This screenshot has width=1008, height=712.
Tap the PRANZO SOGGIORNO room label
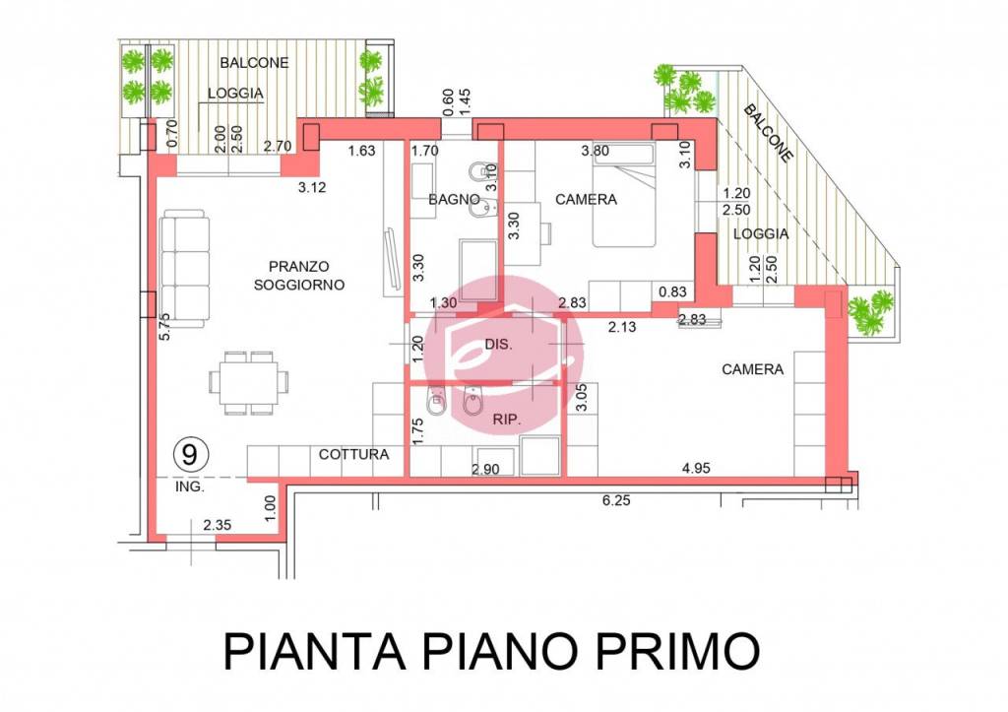click(298, 275)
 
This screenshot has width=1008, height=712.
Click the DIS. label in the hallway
click(499, 344)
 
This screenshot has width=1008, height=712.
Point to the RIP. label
click(505, 419)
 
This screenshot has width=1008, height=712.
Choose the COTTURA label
click(353, 455)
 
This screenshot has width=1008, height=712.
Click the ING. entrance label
click(188, 486)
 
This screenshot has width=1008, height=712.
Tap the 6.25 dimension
click(616, 500)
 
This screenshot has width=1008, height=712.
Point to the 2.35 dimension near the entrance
click(218, 526)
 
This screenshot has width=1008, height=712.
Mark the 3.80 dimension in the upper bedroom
click(596, 151)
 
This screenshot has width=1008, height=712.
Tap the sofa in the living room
click(185, 267)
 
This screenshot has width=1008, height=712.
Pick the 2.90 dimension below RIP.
click(486, 470)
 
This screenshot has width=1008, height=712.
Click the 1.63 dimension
click(363, 152)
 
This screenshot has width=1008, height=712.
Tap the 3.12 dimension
click(297, 185)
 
